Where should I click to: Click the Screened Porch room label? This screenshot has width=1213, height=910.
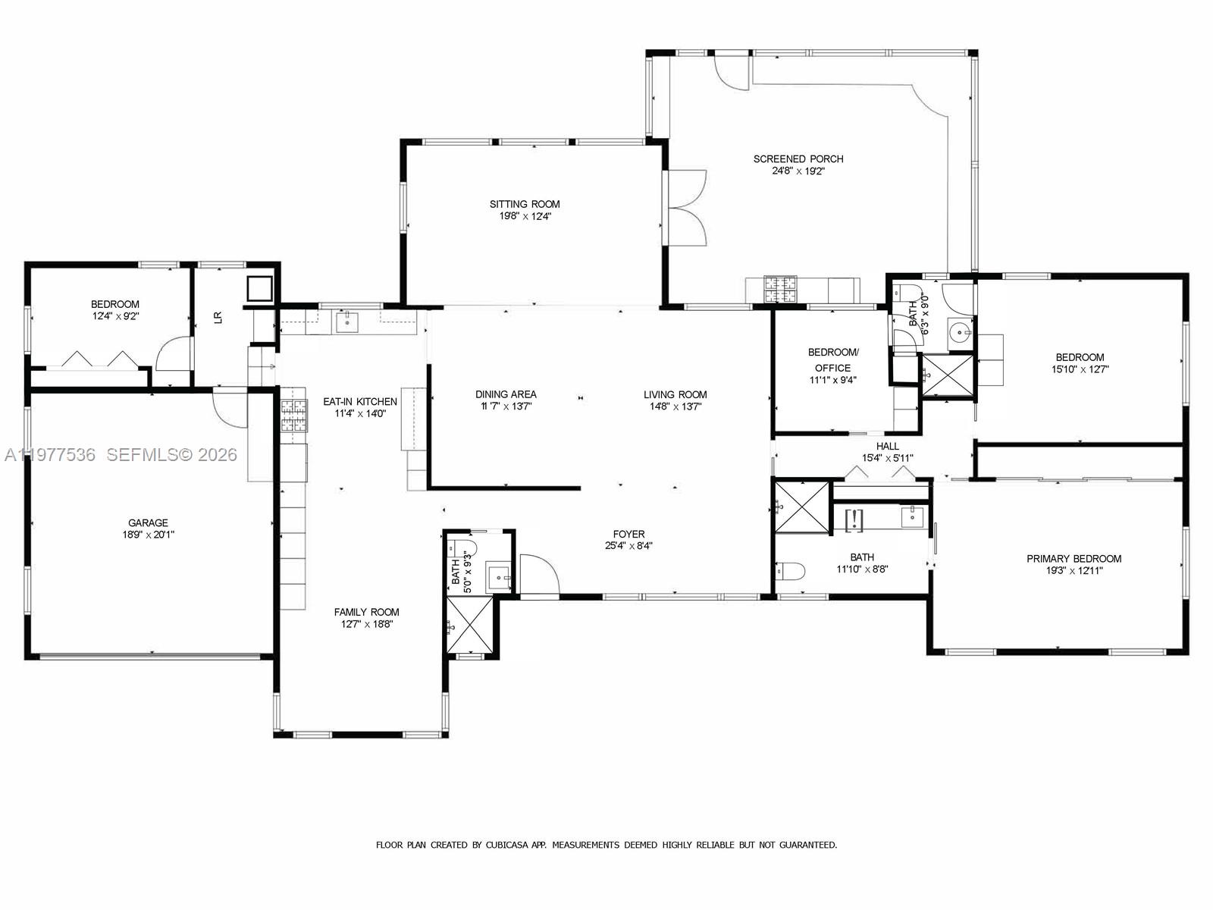pos(798,158)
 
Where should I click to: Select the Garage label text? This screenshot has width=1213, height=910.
pos(148,522)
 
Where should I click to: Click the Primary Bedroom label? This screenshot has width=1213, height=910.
pos(1074,558)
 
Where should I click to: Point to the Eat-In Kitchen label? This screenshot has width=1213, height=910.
pos(360,401)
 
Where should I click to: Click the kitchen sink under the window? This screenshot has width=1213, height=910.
pos(347,322)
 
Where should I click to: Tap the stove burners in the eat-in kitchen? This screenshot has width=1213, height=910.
pos(295,415)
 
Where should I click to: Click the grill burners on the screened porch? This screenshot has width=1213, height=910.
pos(781,289)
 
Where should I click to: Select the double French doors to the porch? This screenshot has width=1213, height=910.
pos(686,207)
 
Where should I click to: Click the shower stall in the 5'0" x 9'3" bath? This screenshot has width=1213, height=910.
pos(470,624)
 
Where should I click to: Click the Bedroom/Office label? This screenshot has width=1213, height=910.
pos(833,359)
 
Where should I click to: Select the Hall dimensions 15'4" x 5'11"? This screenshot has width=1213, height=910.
pos(887,458)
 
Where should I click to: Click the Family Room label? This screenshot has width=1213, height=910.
pos(366,612)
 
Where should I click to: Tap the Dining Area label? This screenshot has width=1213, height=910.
pos(506,394)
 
